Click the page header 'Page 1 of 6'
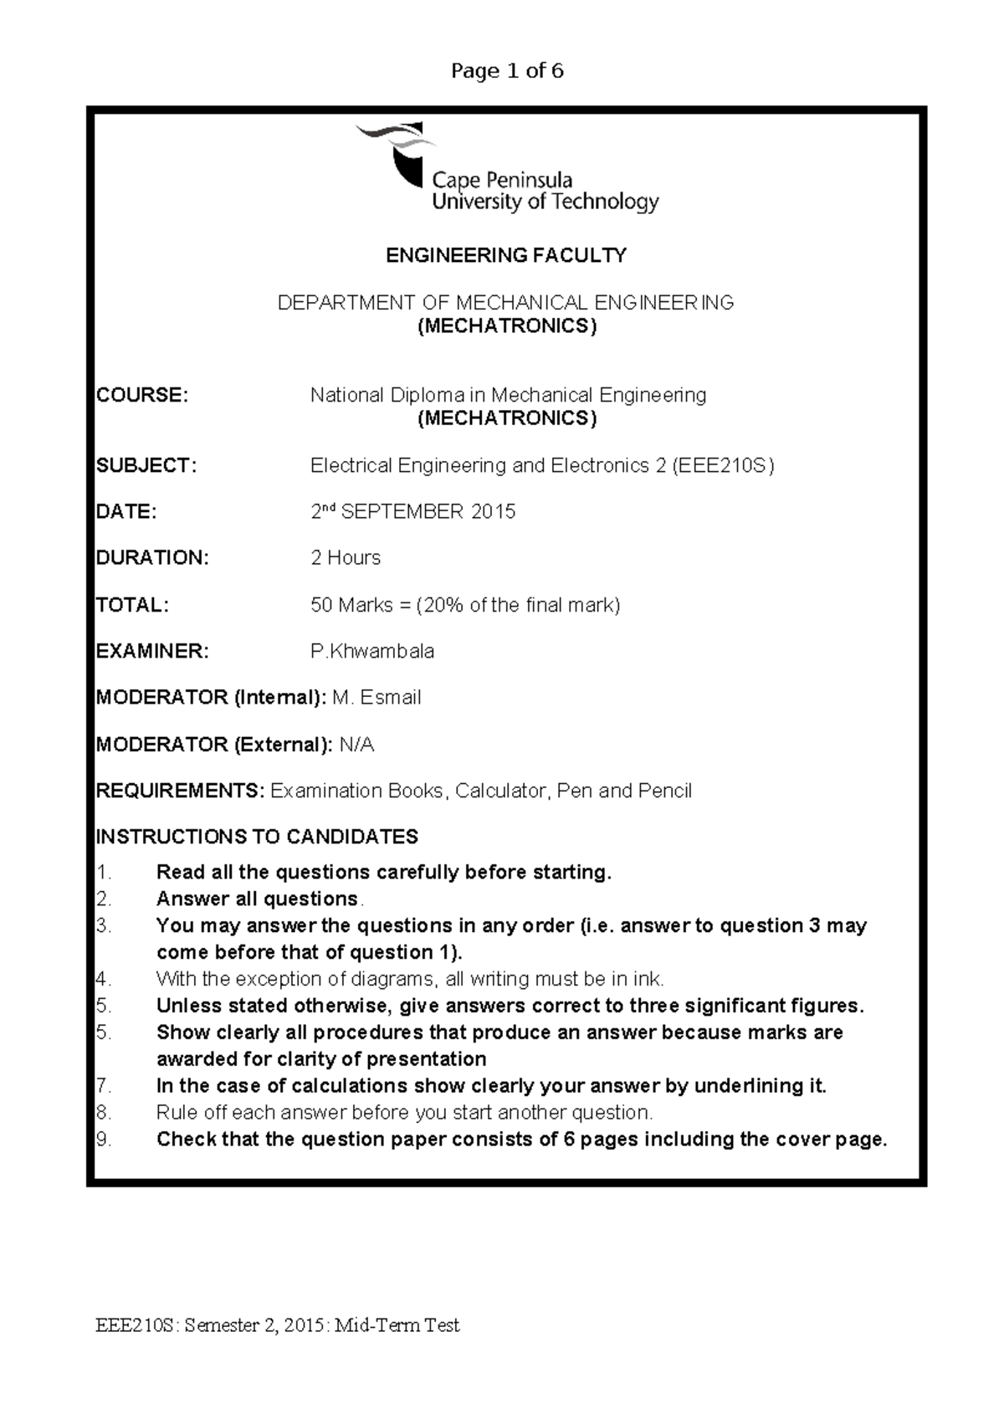point(507,71)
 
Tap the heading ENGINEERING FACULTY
point(506,256)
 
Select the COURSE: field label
point(142,395)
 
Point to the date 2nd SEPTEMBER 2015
point(413,511)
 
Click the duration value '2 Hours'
point(346,558)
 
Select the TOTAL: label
point(132,605)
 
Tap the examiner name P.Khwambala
point(372,652)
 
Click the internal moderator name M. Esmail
point(376,698)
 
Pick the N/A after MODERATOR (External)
point(356,745)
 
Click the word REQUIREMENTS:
point(181,791)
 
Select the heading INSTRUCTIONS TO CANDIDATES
point(258,837)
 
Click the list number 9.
point(103,1140)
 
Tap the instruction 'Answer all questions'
point(257,899)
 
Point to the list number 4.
point(103,979)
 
